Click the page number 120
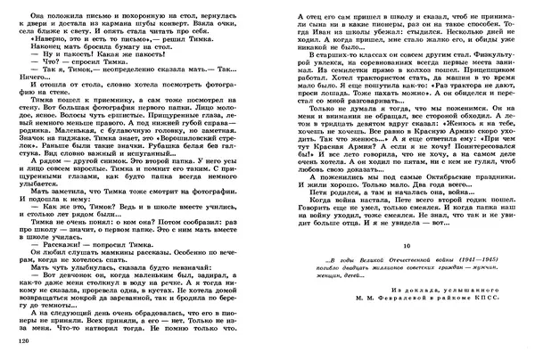click(x=11, y=341)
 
